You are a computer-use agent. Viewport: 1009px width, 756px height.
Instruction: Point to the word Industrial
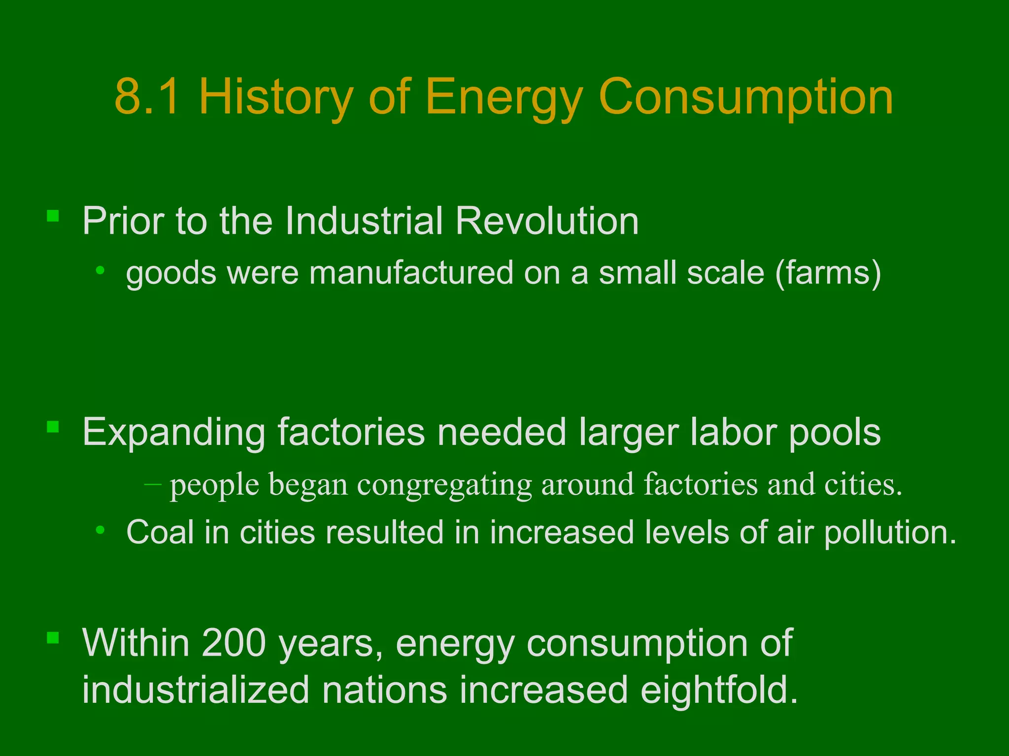click(x=364, y=221)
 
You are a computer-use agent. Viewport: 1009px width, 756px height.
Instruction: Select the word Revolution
click(x=547, y=221)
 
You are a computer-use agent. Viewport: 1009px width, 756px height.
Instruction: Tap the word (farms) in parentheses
click(x=828, y=274)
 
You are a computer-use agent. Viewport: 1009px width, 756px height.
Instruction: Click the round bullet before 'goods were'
click(x=101, y=270)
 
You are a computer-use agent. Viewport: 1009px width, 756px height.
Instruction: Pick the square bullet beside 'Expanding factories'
click(x=53, y=427)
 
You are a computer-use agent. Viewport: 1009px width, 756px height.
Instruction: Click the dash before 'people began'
click(x=153, y=484)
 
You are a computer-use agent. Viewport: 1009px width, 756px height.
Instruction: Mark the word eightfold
click(x=719, y=690)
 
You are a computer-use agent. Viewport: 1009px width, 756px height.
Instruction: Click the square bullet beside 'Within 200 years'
click(x=53, y=638)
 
